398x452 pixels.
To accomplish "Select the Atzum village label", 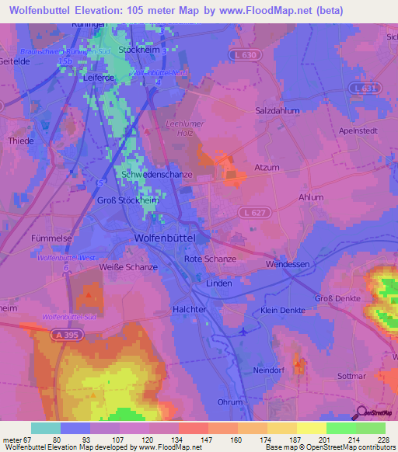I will pos(267,167).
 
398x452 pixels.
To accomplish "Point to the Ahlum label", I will pos(311,197).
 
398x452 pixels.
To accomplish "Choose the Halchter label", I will pos(187,308).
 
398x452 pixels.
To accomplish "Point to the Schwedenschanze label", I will pos(157,175).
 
